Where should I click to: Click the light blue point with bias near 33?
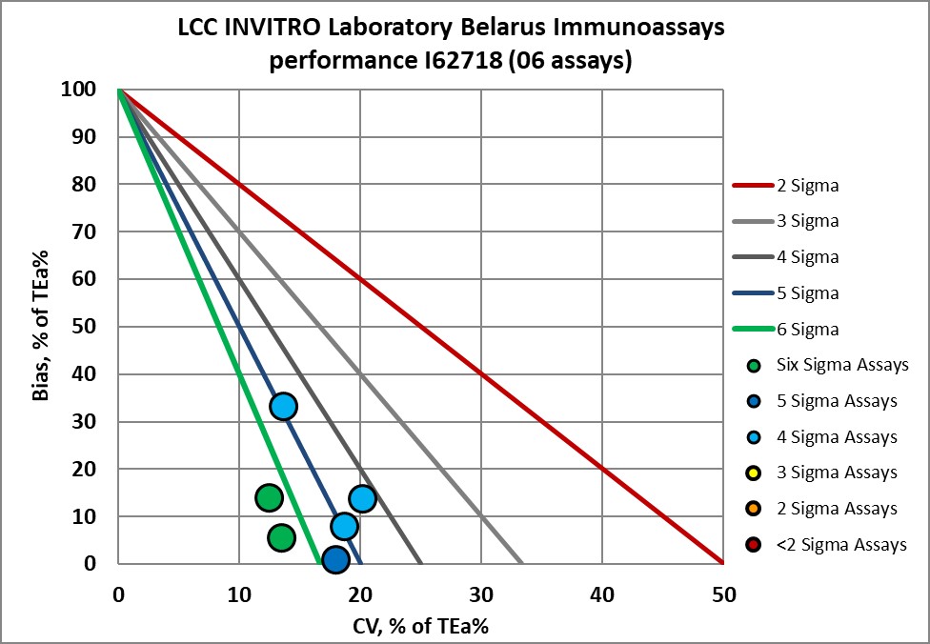tap(283, 407)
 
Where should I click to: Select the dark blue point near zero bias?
tap(335, 560)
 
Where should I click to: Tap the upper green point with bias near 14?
tap(270, 497)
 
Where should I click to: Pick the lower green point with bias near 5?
tap(281, 538)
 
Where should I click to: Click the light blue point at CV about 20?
tap(362, 498)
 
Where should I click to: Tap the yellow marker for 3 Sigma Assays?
tap(754, 473)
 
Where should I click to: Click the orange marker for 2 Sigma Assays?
tap(754, 510)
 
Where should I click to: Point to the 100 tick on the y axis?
tap(80, 90)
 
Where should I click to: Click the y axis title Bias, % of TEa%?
tap(41, 326)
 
